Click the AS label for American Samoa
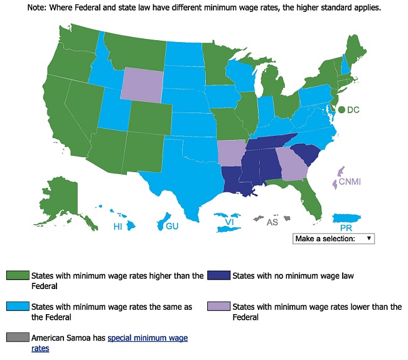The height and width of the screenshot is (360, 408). [272, 222]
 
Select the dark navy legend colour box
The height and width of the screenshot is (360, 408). [221, 275]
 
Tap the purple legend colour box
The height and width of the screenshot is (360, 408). [221, 307]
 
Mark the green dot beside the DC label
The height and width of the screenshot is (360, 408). [341, 109]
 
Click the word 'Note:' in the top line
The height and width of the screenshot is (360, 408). [36, 9]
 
